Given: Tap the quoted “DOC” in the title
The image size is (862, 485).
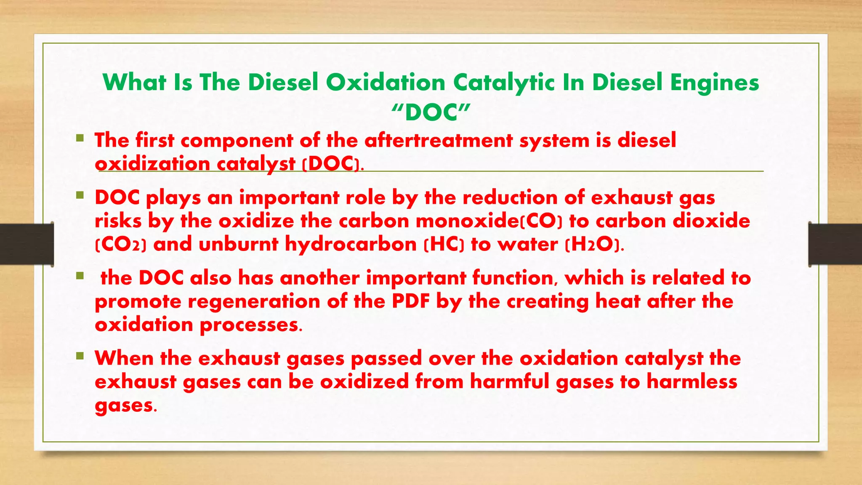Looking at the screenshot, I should [x=431, y=112].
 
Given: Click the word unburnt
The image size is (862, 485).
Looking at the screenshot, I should [x=238, y=245].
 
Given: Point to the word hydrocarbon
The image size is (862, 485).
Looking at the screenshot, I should [x=351, y=245].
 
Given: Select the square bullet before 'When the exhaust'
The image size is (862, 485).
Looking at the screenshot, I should [x=80, y=356].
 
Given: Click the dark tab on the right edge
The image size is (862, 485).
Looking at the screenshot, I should [x=835, y=244].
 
